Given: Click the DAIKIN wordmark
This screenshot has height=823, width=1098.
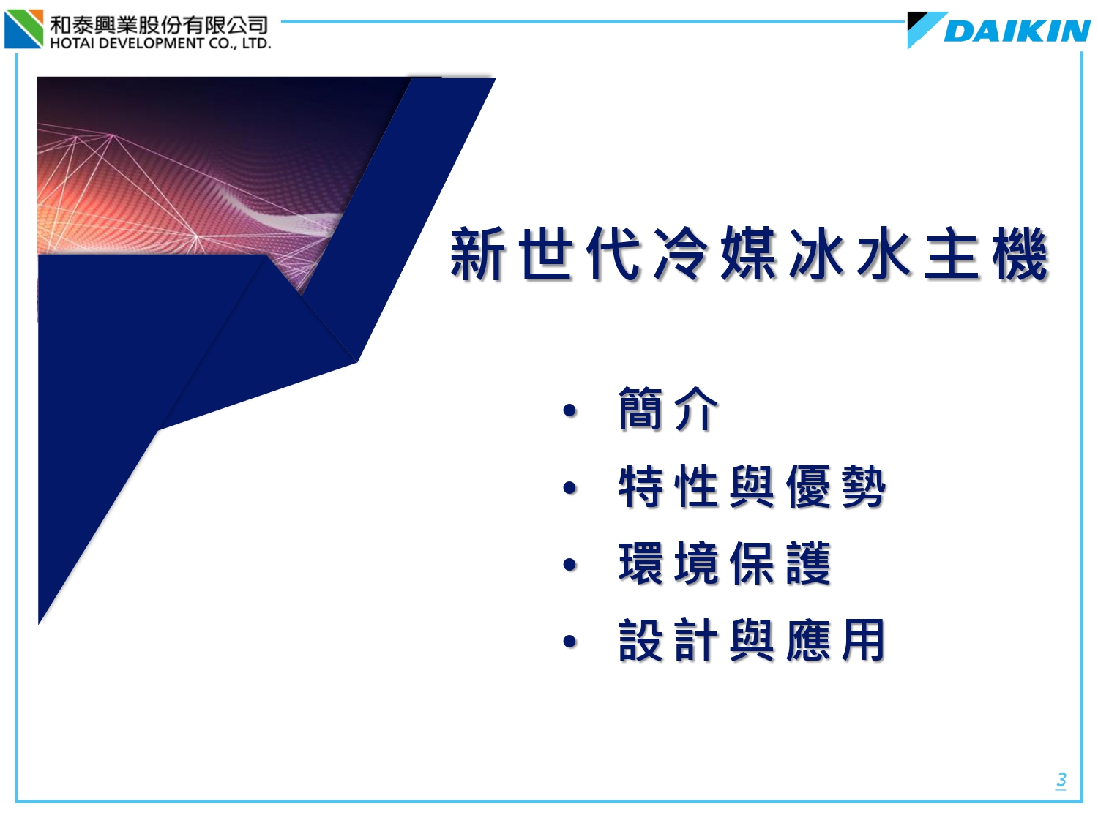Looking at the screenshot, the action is pyautogui.click(x=1017, y=31).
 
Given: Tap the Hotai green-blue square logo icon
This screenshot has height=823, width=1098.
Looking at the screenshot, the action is pyautogui.click(x=23, y=29).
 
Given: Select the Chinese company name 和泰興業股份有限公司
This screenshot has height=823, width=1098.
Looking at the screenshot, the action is pyautogui.click(x=159, y=24).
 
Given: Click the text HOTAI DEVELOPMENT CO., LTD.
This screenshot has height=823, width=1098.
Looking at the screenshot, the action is pyautogui.click(x=160, y=43).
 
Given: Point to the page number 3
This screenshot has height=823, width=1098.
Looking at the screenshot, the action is pyautogui.click(x=1061, y=779).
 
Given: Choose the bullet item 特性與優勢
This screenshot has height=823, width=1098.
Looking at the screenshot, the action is pyautogui.click(x=752, y=486).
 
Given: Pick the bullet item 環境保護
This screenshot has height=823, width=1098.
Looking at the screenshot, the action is pyautogui.click(x=725, y=563).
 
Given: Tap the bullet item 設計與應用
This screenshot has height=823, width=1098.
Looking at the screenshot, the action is pyautogui.click(x=752, y=640).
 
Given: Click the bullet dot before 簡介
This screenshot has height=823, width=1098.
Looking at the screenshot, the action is pyautogui.click(x=569, y=410).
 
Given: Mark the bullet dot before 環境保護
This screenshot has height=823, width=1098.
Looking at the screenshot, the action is pyautogui.click(x=569, y=565).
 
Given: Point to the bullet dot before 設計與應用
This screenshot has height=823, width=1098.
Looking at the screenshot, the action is pyautogui.click(x=569, y=642).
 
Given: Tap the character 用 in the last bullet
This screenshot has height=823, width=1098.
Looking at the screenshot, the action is pyautogui.click(x=864, y=640).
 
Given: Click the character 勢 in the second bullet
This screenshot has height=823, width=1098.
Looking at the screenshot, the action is pyautogui.click(x=864, y=486).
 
